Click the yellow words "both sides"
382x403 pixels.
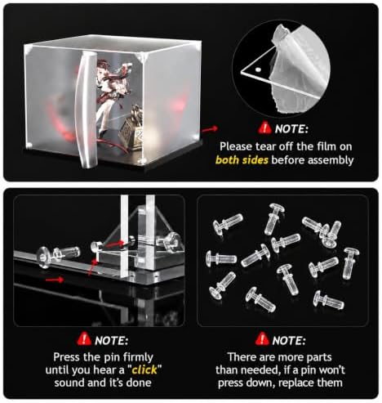pyautogui.click(x=242, y=160)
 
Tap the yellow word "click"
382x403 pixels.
pyautogui.click(x=144, y=369)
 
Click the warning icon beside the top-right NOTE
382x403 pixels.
pyautogui.click(x=264, y=128)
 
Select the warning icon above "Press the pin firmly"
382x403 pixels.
pyautogui.click(x=84, y=339)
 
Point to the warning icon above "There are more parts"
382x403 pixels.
pyautogui.click(x=262, y=339)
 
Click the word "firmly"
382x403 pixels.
pyautogui.click(x=138, y=357)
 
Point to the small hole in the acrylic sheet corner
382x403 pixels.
pyautogui.click(x=258, y=69)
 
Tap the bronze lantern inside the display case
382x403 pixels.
pyautogui.click(x=132, y=128)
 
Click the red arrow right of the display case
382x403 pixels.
pyautogui.click(x=210, y=129)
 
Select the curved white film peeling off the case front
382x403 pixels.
pyautogui.click(x=87, y=109)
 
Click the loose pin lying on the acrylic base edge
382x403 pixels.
pyautogui.click(x=59, y=255)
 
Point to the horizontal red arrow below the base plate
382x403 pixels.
pyautogui.click(x=55, y=280)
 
